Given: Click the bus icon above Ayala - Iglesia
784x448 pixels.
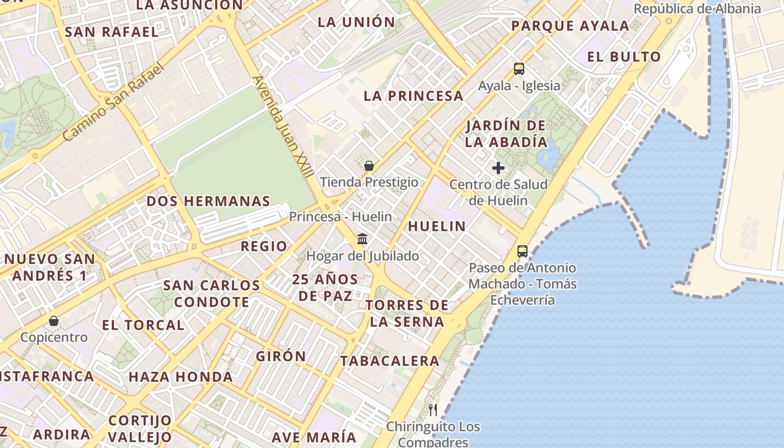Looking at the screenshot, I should click(x=519, y=69).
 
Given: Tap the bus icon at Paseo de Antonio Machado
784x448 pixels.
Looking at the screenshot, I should click(x=522, y=251).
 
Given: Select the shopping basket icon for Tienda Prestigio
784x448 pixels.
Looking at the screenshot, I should click(x=369, y=166).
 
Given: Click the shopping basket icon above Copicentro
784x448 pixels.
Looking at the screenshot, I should click(x=54, y=321).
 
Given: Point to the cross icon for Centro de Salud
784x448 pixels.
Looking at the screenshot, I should click(x=498, y=168).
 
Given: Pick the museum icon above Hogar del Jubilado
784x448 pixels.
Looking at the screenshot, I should click(x=362, y=239).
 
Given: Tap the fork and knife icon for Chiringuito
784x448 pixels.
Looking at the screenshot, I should click(x=433, y=410).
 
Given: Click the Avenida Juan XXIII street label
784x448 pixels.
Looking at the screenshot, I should click(x=283, y=127).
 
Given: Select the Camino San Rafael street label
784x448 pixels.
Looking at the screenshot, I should click(x=113, y=102).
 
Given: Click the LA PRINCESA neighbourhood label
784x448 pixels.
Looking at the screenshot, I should click(x=413, y=96).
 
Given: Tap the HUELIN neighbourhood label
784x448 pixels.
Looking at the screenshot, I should click(x=437, y=226).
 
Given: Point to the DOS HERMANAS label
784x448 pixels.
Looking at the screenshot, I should click(x=208, y=201).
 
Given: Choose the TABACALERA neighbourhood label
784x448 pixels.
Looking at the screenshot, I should click(x=390, y=361).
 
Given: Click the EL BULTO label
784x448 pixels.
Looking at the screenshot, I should click(x=624, y=57).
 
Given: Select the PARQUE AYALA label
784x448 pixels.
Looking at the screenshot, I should click(x=571, y=26).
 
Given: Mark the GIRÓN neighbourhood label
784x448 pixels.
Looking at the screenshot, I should click(x=281, y=356).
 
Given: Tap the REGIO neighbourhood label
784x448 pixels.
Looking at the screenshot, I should click(x=264, y=246).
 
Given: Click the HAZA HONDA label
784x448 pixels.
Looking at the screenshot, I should click(x=180, y=377).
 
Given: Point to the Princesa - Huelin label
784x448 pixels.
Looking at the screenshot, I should click(x=340, y=216).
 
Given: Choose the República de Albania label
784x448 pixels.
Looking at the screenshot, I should click(x=697, y=8).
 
